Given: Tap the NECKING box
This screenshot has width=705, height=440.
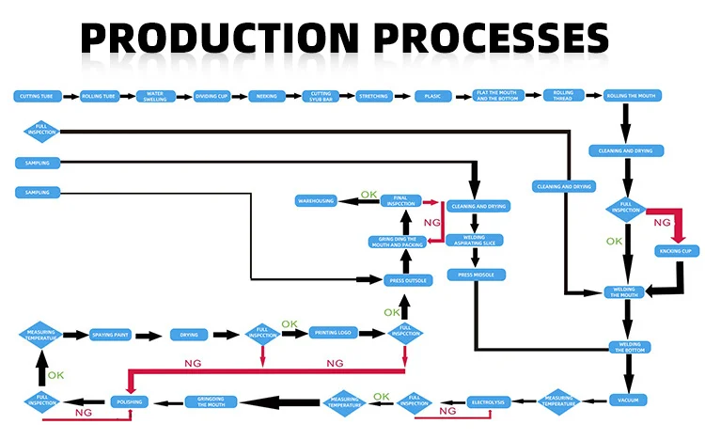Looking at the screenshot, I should pos(268,96).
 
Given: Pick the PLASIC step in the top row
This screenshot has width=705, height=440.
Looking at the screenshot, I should pos(432,96).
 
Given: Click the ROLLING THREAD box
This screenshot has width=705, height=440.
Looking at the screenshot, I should pos(562,96).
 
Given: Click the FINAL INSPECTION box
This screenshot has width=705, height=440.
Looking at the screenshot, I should pos(400,201).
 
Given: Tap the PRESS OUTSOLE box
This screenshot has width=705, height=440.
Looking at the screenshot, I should pos(406,279).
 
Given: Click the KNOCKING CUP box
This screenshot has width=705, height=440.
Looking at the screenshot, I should pos(675,251).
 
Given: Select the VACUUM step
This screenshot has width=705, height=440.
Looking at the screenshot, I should pos(627,401).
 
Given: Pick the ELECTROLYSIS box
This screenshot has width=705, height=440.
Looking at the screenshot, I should pos(487,402).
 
